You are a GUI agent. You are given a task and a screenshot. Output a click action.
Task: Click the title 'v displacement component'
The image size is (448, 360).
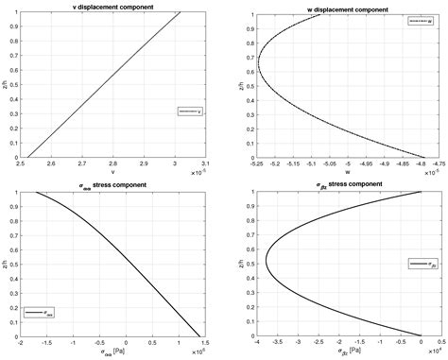coord(113,7)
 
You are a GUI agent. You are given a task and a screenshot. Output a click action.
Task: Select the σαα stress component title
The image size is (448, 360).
coord(113,183)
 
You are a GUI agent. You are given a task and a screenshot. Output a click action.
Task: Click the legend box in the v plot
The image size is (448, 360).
coord(189,111)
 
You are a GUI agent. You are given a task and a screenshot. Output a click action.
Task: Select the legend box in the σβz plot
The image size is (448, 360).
coord(421,265)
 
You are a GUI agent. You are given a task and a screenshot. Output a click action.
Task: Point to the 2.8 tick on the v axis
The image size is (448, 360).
coord(113,163)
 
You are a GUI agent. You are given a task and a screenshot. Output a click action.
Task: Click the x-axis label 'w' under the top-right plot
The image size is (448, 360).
coord(344,172)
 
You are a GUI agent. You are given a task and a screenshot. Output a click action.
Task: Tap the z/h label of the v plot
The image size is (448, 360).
coord(5,84)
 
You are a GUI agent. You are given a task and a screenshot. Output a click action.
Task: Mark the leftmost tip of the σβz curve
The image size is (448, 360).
coord(266,262)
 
